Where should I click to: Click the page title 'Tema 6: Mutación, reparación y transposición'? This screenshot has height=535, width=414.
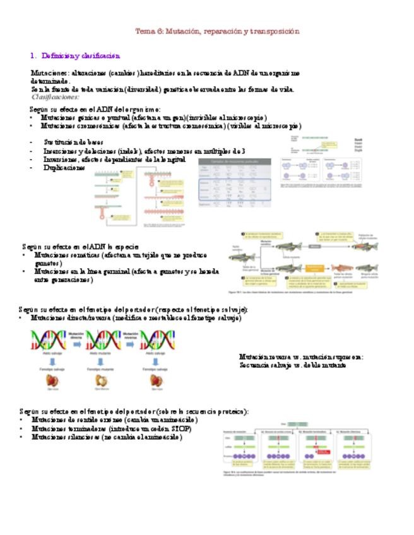tap(218, 31)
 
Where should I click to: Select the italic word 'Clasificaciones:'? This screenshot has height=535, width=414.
tap(56, 97)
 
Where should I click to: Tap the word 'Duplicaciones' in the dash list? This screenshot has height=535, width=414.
tap(64, 168)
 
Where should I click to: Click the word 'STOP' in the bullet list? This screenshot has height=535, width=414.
tap(182, 428)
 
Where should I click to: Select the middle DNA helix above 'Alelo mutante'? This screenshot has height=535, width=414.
tap(102, 341)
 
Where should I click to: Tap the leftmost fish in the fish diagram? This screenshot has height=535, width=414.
tap(242, 257)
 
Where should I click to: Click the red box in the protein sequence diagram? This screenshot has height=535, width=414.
tap(323, 451)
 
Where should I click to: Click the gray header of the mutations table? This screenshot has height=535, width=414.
tap(234, 162)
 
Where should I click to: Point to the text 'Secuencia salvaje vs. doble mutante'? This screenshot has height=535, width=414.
tap(293, 365)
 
